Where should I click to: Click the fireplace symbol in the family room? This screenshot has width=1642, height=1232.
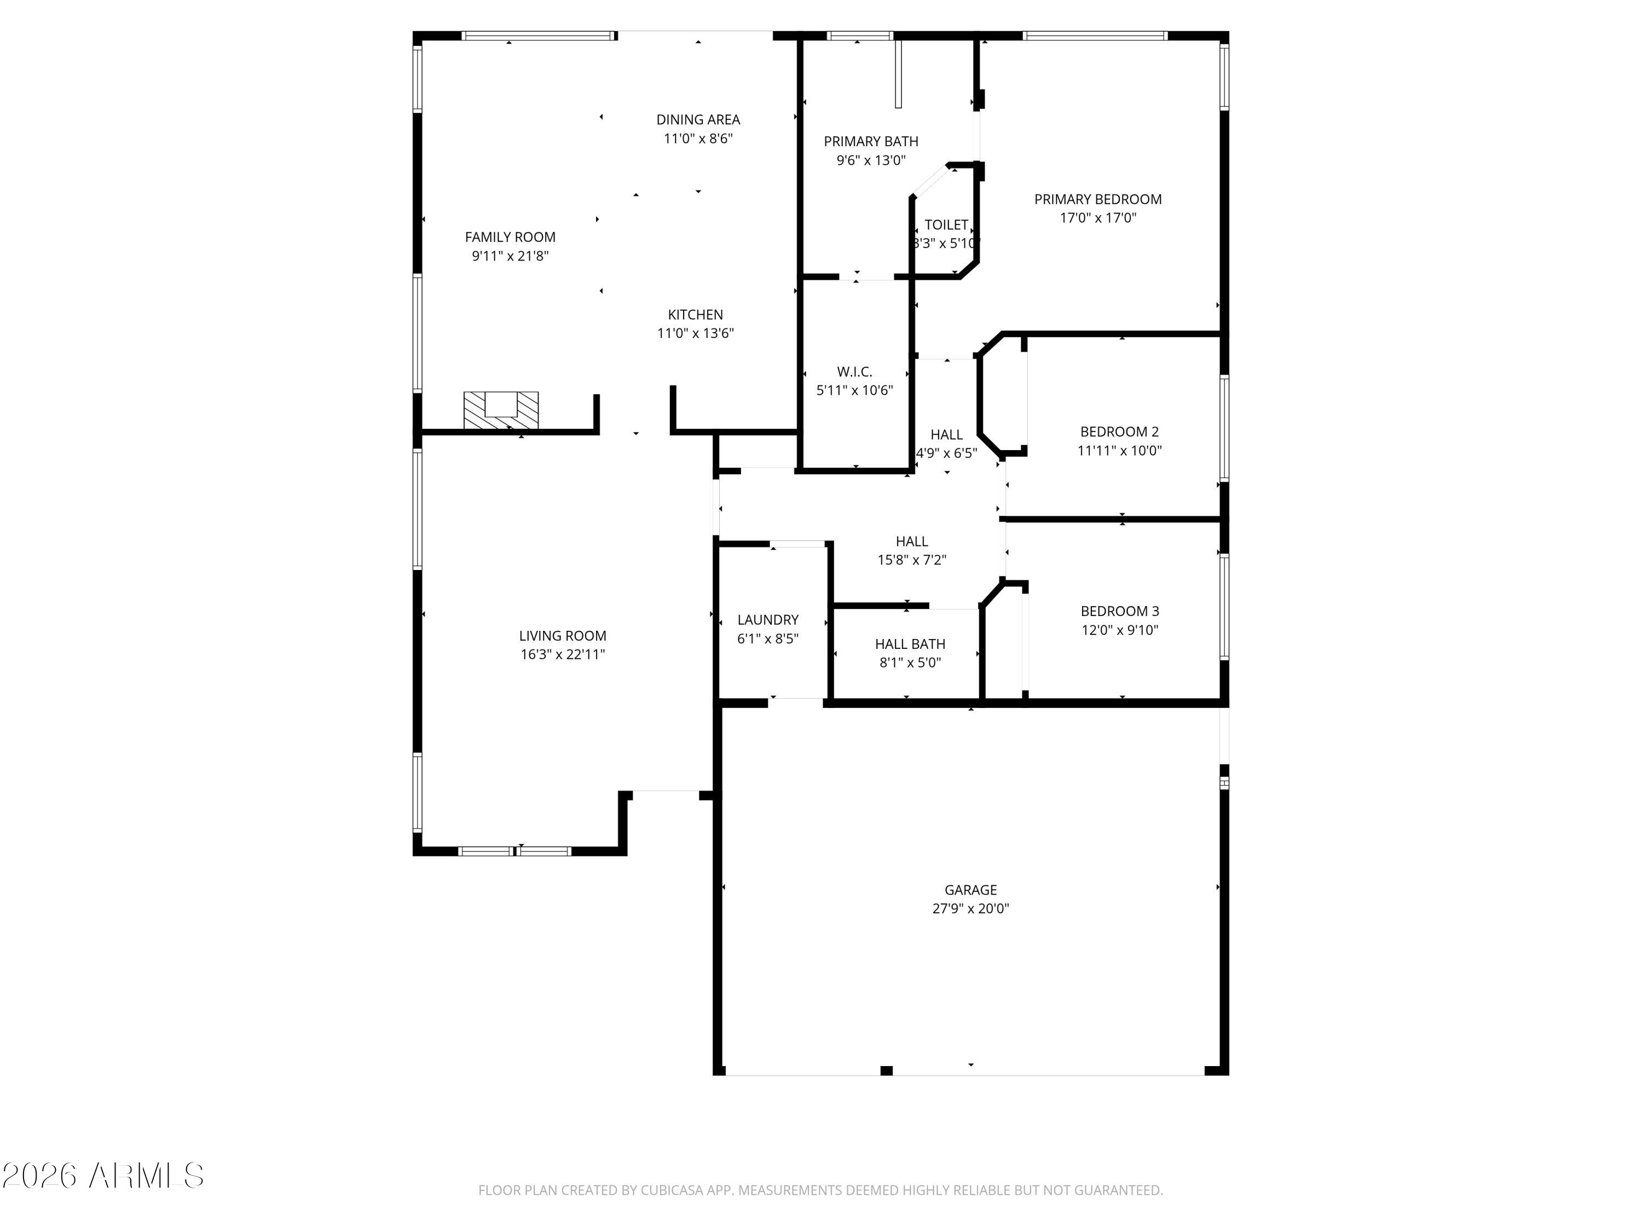pos(501,410)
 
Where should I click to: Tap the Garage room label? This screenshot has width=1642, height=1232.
pos(970,890)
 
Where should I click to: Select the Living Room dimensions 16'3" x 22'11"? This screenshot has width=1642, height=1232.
pos(563,654)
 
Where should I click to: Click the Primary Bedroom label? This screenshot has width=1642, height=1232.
pos(1097,199)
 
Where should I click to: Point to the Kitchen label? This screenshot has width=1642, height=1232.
pos(695,315)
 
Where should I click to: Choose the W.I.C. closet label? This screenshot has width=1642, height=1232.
pos(854,371)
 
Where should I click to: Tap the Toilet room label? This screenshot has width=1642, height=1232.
pos(946,225)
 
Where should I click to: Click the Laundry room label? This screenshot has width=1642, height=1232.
pos(767,619)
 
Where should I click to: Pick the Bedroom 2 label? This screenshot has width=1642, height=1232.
pos(1119,431)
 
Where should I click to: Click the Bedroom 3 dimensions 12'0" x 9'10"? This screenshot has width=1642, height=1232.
pos(1119,630)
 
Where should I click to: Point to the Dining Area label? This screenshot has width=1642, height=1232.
pos(698,119)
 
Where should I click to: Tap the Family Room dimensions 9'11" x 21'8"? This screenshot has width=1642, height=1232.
pos(510,256)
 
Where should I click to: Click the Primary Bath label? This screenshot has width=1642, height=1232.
pos(871,141)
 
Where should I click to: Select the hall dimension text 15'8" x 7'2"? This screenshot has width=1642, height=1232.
pos(911,560)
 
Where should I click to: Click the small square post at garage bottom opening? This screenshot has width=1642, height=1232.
pos(886,1070)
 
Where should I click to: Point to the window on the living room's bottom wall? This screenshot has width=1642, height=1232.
pos(514,851)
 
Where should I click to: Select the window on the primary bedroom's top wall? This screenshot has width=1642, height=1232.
pos(1094,36)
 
